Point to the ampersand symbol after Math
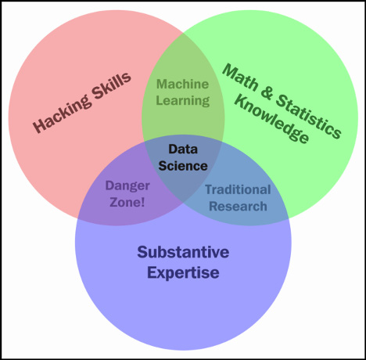click(x=267, y=92)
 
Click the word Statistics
click(x=308, y=117)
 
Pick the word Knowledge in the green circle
click(x=271, y=120)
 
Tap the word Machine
click(x=182, y=85)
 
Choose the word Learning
click(x=183, y=101)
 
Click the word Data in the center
click(x=183, y=149)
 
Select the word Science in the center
click(x=183, y=166)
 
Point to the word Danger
click(x=127, y=186)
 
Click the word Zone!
click(x=127, y=202)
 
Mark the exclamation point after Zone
click(x=142, y=202)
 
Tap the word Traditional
click(x=238, y=189)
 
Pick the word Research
click(x=238, y=206)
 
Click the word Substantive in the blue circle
click(x=183, y=252)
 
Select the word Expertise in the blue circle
click(x=183, y=273)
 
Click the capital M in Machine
click(x=161, y=85)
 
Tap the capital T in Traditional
click(x=209, y=189)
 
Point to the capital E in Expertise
click(x=152, y=272)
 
